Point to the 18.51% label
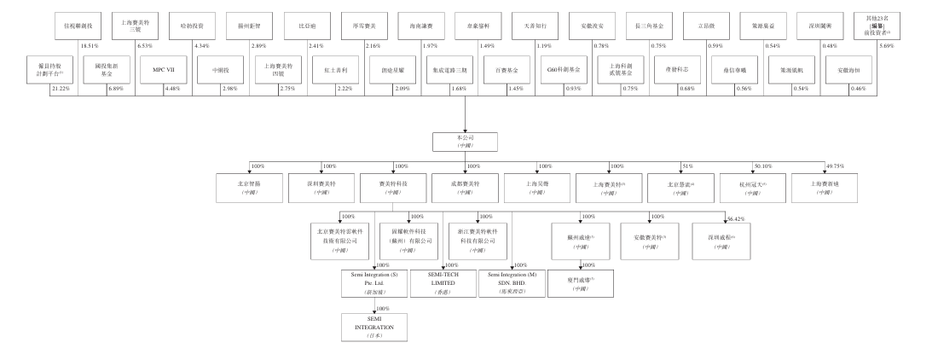coord(90,45)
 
